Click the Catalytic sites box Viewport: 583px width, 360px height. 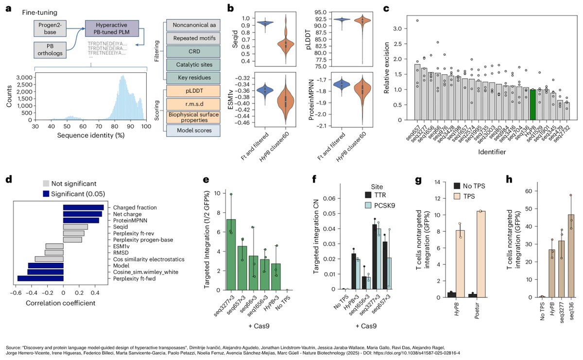(191, 78)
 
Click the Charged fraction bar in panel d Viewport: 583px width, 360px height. (83, 208)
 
